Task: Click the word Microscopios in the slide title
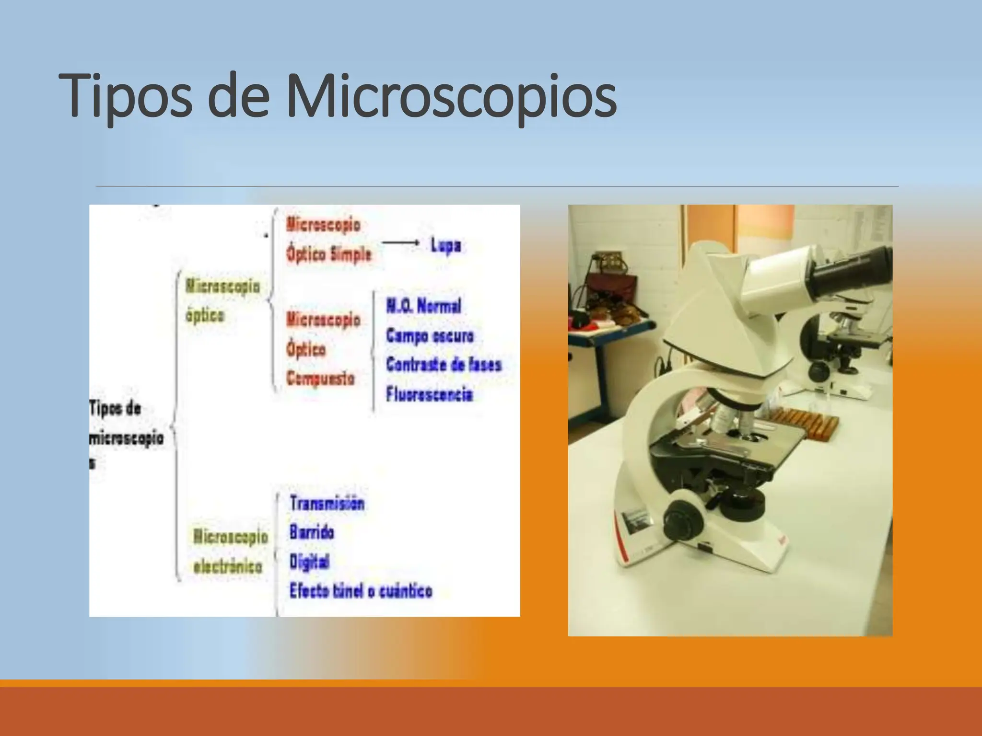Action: point(451,96)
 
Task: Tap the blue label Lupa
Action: point(445,246)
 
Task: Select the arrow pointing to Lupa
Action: point(401,243)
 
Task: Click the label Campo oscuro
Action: point(430,335)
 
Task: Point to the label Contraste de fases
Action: point(444,365)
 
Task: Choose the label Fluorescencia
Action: point(430,394)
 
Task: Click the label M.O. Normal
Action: point(424,306)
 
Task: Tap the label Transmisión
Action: point(327,503)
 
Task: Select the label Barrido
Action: point(312,532)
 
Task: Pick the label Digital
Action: point(309,562)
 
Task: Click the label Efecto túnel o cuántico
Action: point(361,591)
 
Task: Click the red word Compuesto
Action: point(320,379)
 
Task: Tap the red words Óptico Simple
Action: point(329,254)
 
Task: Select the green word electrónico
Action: point(228,566)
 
